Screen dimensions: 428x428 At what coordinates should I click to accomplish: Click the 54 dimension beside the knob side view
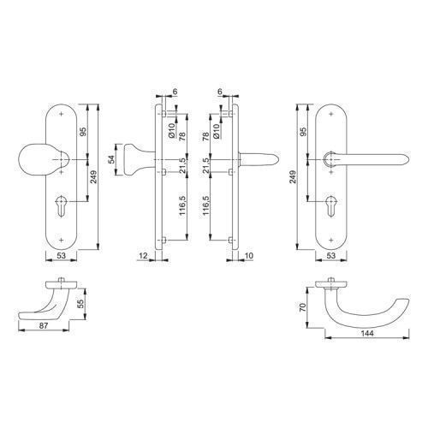click(112, 159)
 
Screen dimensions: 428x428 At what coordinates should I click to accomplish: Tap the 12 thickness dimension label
click(143, 256)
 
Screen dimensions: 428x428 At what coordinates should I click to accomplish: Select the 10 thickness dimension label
click(249, 256)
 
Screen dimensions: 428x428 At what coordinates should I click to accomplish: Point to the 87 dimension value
click(44, 325)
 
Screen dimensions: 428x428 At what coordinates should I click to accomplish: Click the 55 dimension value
click(80, 304)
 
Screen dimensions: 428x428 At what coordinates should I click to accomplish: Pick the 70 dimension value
click(302, 307)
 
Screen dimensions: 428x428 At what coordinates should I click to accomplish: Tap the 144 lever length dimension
click(367, 333)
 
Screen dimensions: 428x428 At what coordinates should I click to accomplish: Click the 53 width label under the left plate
click(61, 256)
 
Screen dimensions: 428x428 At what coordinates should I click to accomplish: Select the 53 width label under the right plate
click(330, 256)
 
